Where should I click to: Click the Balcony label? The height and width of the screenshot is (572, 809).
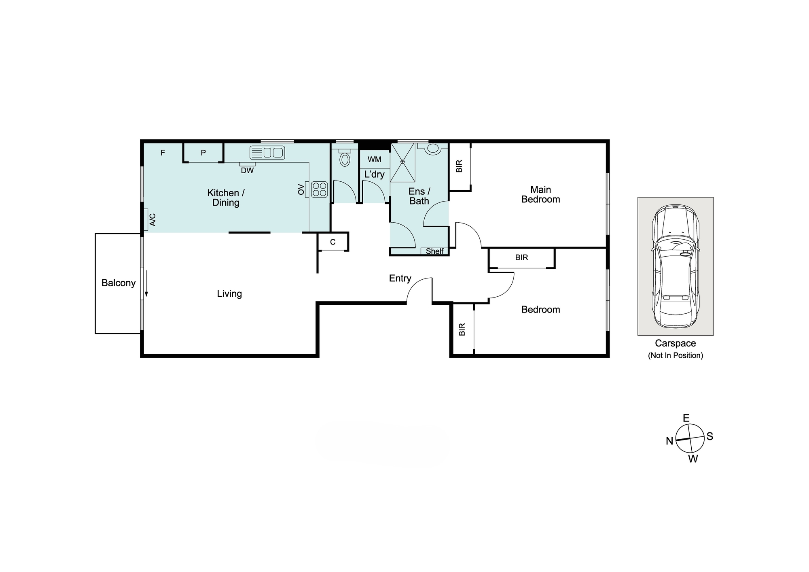click(x=119, y=283)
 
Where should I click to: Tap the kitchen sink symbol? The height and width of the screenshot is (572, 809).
click(x=267, y=153)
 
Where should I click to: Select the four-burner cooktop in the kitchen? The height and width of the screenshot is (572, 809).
click(x=319, y=189)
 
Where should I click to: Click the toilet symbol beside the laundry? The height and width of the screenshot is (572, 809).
click(x=345, y=158)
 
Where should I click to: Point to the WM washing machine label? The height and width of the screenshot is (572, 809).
click(x=375, y=159)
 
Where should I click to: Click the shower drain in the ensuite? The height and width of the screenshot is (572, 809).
click(x=403, y=162)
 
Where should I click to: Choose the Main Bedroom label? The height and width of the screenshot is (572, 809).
click(x=541, y=194)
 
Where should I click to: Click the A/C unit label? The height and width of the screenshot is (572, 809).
click(x=152, y=220)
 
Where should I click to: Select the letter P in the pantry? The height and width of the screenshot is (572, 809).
click(x=203, y=153)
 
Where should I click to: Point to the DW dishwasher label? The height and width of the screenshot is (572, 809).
click(x=247, y=170)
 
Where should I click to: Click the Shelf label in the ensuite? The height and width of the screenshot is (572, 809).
click(x=435, y=251)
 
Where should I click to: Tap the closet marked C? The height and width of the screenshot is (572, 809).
click(x=333, y=242)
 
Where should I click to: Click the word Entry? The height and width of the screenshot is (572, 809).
click(x=400, y=279)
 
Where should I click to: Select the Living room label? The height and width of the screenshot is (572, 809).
click(x=229, y=294)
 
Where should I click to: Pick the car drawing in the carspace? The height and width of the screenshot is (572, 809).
click(x=675, y=266)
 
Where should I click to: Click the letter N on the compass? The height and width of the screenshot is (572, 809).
click(x=669, y=441)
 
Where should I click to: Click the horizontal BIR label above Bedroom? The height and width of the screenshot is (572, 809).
click(x=522, y=257)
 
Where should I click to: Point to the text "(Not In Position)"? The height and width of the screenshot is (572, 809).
click(x=676, y=355)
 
